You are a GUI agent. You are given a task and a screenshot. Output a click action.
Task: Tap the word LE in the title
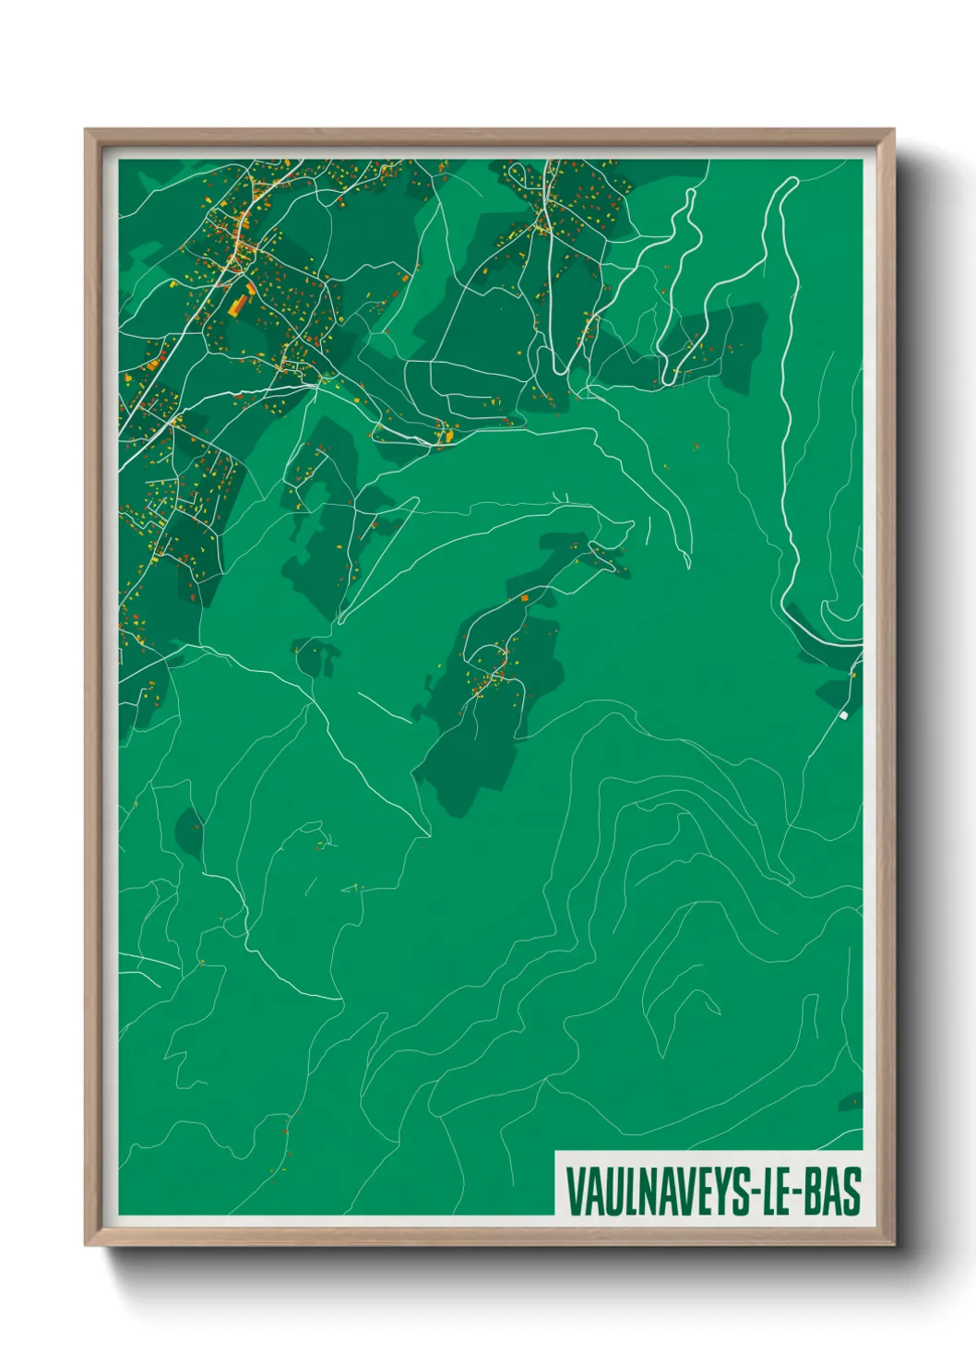point(777,1192)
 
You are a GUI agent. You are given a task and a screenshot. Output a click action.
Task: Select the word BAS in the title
point(833,1192)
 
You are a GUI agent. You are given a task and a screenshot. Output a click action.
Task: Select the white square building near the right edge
point(843,714)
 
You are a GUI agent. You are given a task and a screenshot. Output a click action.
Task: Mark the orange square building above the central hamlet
point(525,598)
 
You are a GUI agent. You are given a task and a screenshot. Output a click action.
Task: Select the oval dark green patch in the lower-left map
point(189,831)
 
